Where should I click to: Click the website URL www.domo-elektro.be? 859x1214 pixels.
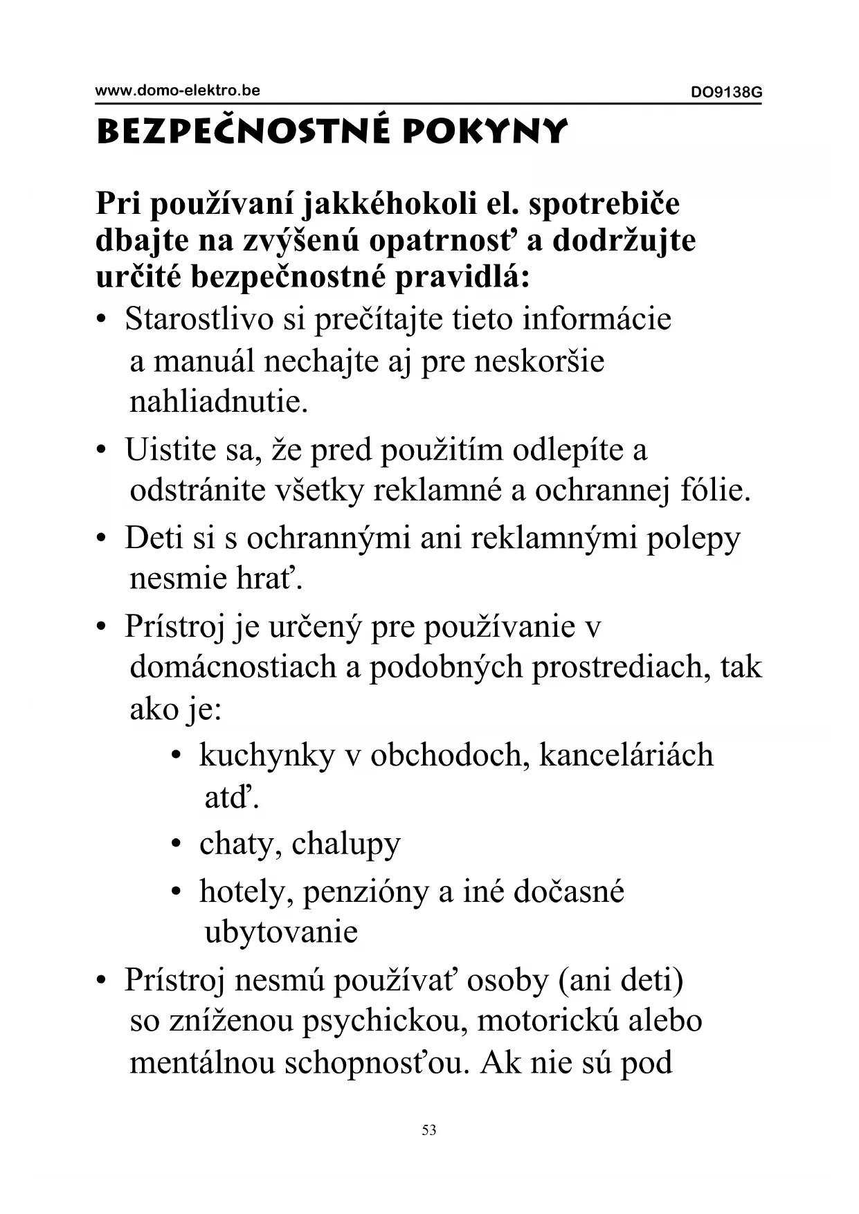(x=177, y=90)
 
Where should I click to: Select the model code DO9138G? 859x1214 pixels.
(x=726, y=92)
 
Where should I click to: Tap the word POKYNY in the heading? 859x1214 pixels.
(x=485, y=131)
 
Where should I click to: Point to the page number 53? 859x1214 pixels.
(x=429, y=1130)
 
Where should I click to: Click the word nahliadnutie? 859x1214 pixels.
(x=218, y=401)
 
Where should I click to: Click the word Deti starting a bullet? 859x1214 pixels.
(x=153, y=538)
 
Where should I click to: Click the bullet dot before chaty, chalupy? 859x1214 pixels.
(x=177, y=844)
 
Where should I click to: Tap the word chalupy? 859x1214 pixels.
(x=345, y=844)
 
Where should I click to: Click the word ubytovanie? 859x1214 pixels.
(x=281, y=932)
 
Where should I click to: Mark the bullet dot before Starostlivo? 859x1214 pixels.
(x=102, y=320)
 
